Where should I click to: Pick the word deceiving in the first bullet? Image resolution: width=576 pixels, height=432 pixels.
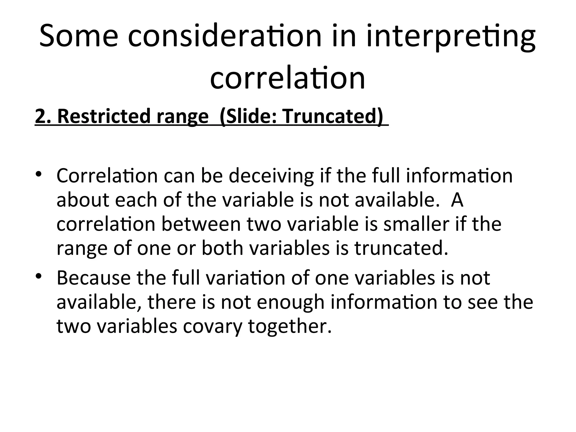pos(271,176)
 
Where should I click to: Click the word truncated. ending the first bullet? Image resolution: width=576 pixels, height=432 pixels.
pos(401,248)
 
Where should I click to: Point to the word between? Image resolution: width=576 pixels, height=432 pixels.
pos(201,224)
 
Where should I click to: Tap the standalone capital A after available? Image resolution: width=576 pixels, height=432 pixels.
pos(457,200)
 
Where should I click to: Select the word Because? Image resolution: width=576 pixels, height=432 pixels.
pos(93,278)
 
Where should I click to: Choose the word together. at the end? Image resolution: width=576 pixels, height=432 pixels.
pos(290,326)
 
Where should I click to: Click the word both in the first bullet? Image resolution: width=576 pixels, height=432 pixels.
pos(222,248)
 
